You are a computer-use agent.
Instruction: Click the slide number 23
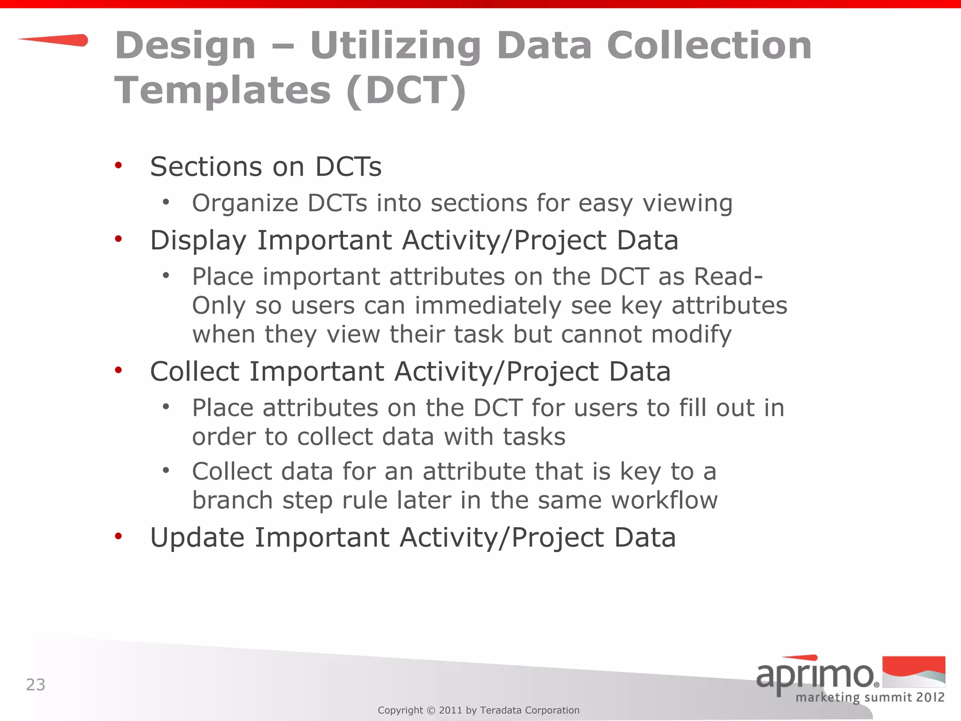36,685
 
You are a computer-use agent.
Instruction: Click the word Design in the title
185,46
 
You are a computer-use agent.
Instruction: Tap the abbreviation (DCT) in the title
406,90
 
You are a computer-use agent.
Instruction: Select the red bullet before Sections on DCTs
118,165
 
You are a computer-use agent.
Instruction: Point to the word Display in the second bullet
198,241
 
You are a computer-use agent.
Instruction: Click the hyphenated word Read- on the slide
728,276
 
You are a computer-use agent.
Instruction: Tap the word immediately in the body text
488,306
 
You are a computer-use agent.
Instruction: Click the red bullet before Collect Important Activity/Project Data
118,370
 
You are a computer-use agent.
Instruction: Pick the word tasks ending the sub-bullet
534,437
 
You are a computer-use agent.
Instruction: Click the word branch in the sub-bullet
232,500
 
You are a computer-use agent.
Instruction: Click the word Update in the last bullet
197,538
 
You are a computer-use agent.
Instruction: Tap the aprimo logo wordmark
816,675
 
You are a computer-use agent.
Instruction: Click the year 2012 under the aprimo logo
927,697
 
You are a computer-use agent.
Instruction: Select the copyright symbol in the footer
431,710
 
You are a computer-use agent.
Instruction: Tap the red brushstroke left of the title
54,40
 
